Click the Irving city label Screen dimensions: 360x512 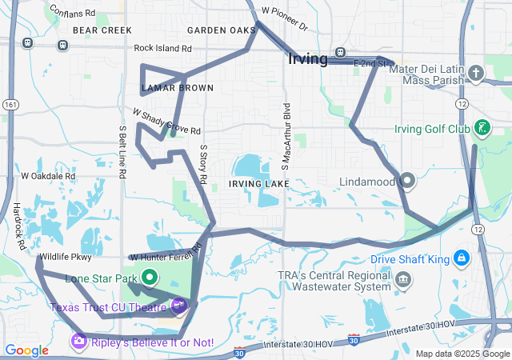(x=307, y=59)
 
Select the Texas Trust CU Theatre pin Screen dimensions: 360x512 (x=179, y=305)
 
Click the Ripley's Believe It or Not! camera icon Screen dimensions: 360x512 (x=78, y=342)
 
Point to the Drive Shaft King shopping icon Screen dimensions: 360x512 (x=461, y=258)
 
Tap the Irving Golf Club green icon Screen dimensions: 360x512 (x=482, y=127)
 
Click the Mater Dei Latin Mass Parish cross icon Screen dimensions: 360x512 (x=476, y=74)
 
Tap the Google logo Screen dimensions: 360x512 (x=26, y=350)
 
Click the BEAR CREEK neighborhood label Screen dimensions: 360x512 (x=102, y=30)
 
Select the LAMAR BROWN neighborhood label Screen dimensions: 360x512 (x=177, y=87)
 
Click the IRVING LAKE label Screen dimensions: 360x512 (x=258, y=184)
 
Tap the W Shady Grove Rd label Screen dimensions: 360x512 (x=166, y=122)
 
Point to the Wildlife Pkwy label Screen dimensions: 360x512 (x=64, y=258)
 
